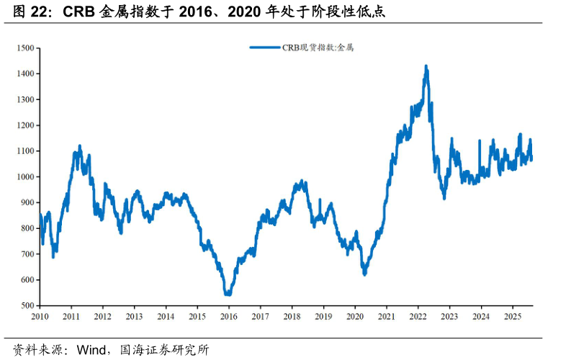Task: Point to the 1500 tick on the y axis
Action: [x=26, y=48]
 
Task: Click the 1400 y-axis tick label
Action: [x=26, y=74]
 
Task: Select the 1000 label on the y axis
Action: [x=26, y=177]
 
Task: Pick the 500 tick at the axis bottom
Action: [x=28, y=306]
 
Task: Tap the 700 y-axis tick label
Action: [x=28, y=254]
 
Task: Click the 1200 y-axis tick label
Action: [x=26, y=125]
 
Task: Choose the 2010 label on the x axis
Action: [x=40, y=316]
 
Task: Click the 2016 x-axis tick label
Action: [x=228, y=316]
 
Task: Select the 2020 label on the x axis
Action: [x=354, y=316]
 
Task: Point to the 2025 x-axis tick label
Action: [x=512, y=316]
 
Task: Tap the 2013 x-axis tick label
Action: [x=134, y=316]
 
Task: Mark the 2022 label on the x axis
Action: [x=418, y=316]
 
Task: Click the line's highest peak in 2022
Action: [x=426, y=66]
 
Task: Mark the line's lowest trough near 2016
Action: [x=228, y=294]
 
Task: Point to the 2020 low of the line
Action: [x=364, y=274]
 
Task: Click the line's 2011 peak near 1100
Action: [x=79, y=146]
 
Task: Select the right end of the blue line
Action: [x=531, y=159]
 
